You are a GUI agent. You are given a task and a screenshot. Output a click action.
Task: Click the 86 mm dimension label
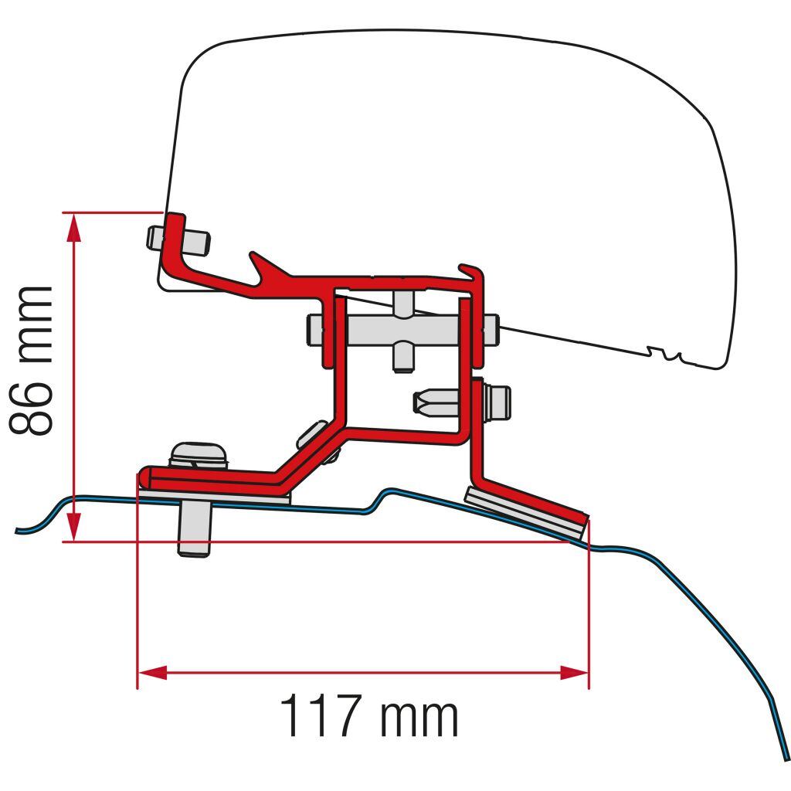(x=31, y=361)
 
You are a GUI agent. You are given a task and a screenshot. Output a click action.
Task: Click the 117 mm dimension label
(x=368, y=715)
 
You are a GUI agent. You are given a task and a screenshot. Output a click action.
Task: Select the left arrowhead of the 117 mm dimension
(x=152, y=673)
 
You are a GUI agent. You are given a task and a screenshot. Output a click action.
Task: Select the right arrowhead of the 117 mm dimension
(x=575, y=673)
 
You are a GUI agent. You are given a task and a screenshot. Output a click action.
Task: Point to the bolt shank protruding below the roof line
(x=194, y=530)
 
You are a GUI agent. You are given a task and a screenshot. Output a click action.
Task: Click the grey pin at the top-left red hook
(x=178, y=240)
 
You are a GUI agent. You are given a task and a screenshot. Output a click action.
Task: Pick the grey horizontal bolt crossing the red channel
(x=402, y=331)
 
